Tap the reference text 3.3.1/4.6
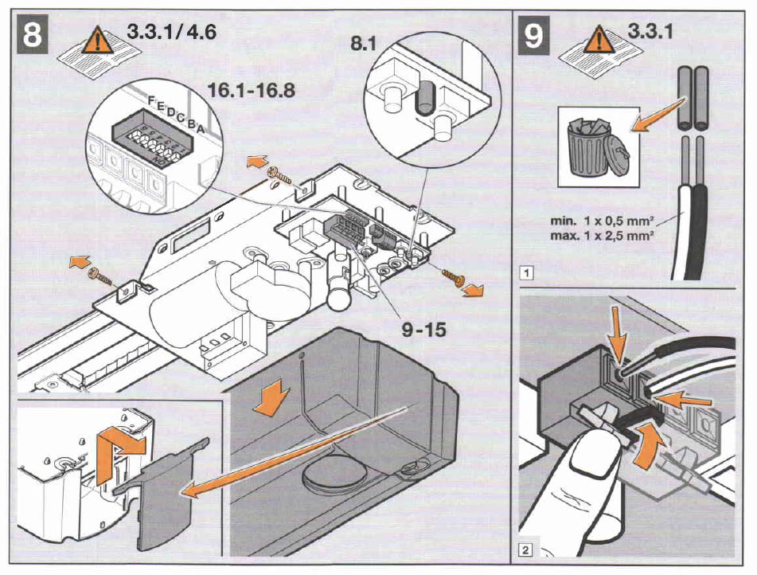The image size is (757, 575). click(x=172, y=33)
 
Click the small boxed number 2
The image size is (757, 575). click(x=524, y=549)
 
